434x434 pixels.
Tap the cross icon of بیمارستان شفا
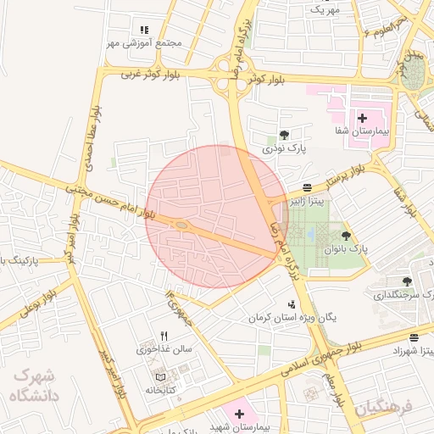[x=362, y=118]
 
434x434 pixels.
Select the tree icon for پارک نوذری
[x=283, y=135]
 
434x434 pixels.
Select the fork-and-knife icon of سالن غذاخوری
[x=164, y=336]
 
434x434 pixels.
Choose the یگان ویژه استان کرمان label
[x=292, y=318]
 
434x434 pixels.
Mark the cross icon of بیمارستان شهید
[x=240, y=415]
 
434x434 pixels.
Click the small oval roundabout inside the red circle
[x=181, y=225]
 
